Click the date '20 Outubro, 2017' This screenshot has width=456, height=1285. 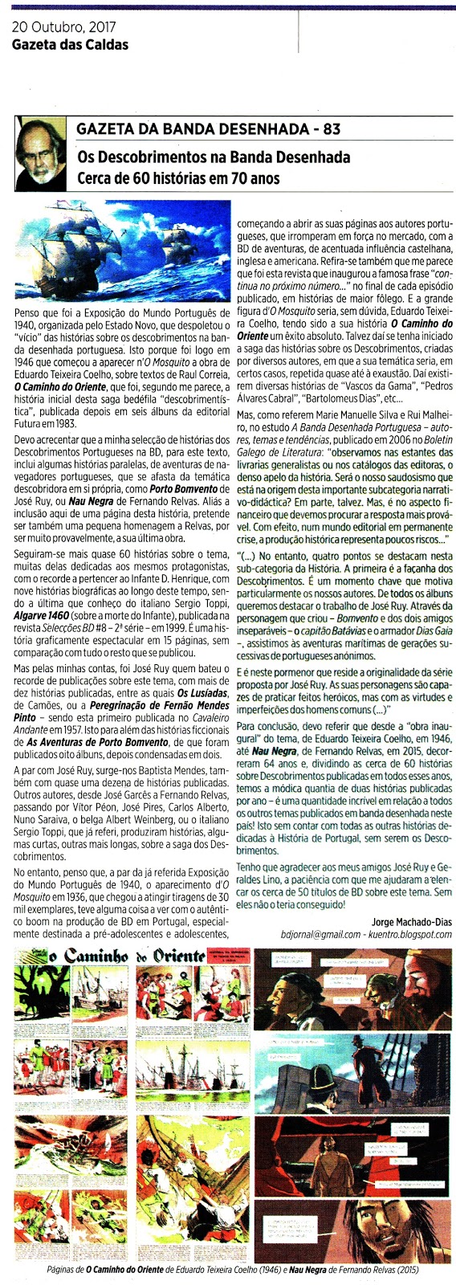click(63, 28)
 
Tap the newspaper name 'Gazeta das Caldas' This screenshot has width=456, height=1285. click(70, 44)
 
